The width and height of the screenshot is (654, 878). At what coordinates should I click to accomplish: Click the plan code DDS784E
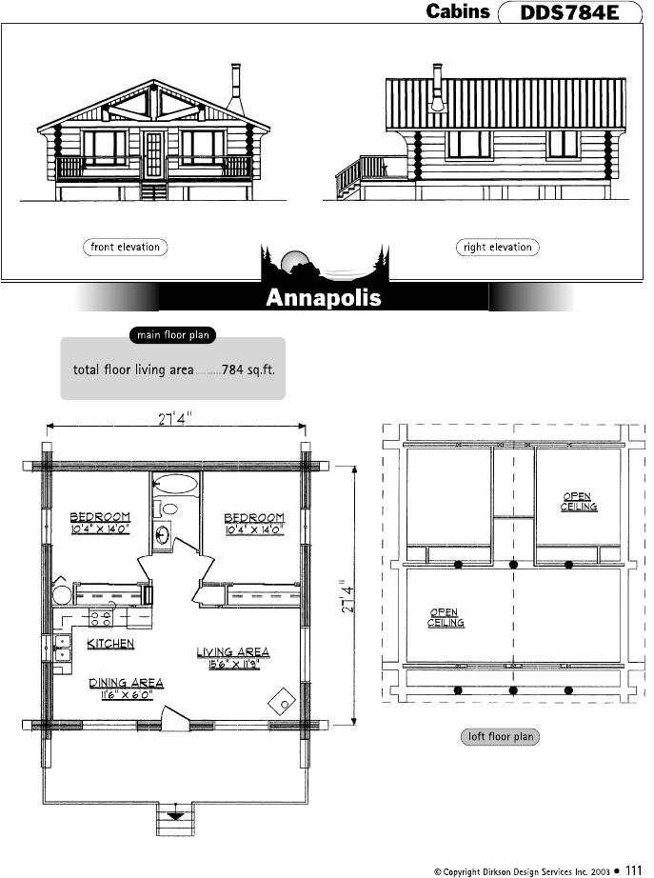coord(569,12)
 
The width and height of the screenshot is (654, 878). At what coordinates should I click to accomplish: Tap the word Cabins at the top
coord(458,11)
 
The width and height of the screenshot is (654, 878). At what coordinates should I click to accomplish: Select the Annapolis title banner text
coord(324,297)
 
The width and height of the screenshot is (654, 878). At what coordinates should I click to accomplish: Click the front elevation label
coord(126,247)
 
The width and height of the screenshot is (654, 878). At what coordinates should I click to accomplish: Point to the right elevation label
coord(498,247)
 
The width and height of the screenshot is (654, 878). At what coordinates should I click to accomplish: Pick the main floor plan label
coord(173,335)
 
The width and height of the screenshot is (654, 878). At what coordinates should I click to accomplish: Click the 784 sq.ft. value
coord(248,369)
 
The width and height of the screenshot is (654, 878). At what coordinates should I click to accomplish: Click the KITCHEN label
coord(110,644)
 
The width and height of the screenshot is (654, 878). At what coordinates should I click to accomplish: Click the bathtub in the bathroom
coord(176,483)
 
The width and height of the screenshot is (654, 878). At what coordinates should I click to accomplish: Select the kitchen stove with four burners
coord(101,618)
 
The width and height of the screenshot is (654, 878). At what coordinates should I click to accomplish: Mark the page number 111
coord(633,869)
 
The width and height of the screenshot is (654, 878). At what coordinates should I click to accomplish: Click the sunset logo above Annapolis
coord(325,263)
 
